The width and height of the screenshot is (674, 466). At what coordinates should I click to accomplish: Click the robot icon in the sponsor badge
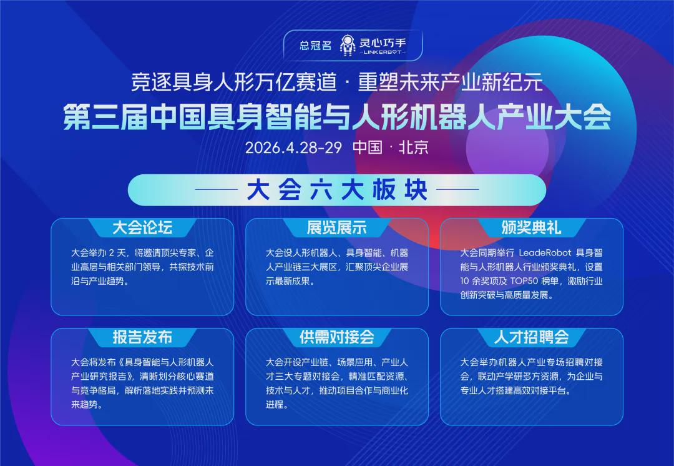point(348,45)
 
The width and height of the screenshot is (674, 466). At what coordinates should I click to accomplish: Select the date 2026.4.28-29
point(293,147)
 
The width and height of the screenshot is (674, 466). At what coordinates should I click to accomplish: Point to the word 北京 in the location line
point(413,147)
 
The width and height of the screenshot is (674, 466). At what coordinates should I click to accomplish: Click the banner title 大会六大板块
point(337,190)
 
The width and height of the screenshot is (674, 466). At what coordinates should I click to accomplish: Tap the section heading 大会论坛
point(142,227)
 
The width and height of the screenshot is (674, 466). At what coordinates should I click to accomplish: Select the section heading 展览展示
point(336,227)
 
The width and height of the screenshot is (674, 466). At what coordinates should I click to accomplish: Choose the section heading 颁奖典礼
point(531,227)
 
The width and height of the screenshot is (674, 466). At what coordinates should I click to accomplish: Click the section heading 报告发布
point(142,337)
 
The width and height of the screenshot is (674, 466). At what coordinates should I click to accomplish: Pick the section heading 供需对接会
point(336,337)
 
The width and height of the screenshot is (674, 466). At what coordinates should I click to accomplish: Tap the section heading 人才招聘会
point(531,337)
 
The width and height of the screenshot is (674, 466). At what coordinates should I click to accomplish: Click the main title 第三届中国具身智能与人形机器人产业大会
point(337,117)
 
